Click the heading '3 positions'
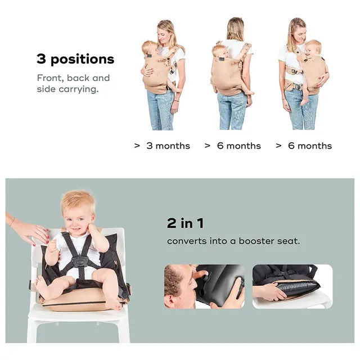pyautogui.click(x=75, y=59)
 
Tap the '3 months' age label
pyautogui.click(x=168, y=146)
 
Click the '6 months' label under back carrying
pyautogui.click(x=239, y=146)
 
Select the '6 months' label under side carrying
pyautogui.click(x=310, y=146)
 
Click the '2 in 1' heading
pyautogui.click(x=185, y=223)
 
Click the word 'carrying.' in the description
pyautogui.click(x=79, y=89)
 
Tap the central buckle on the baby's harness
pyautogui.click(x=79, y=262)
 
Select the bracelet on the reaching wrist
pyautogui.click(x=11, y=222)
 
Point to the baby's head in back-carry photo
pyautogui.click(x=220, y=51)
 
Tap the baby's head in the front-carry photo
pyautogui.click(x=150, y=47)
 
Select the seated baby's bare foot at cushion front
pyautogui.click(x=114, y=304)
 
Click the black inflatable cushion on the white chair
pyautogui.click(x=298, y=289)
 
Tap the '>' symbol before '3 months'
pyautogui.click(x=137, y=146)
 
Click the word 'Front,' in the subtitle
pyautogui.click(x=50, y=78)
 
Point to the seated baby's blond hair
pyautogui.click(x=78, y=200)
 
